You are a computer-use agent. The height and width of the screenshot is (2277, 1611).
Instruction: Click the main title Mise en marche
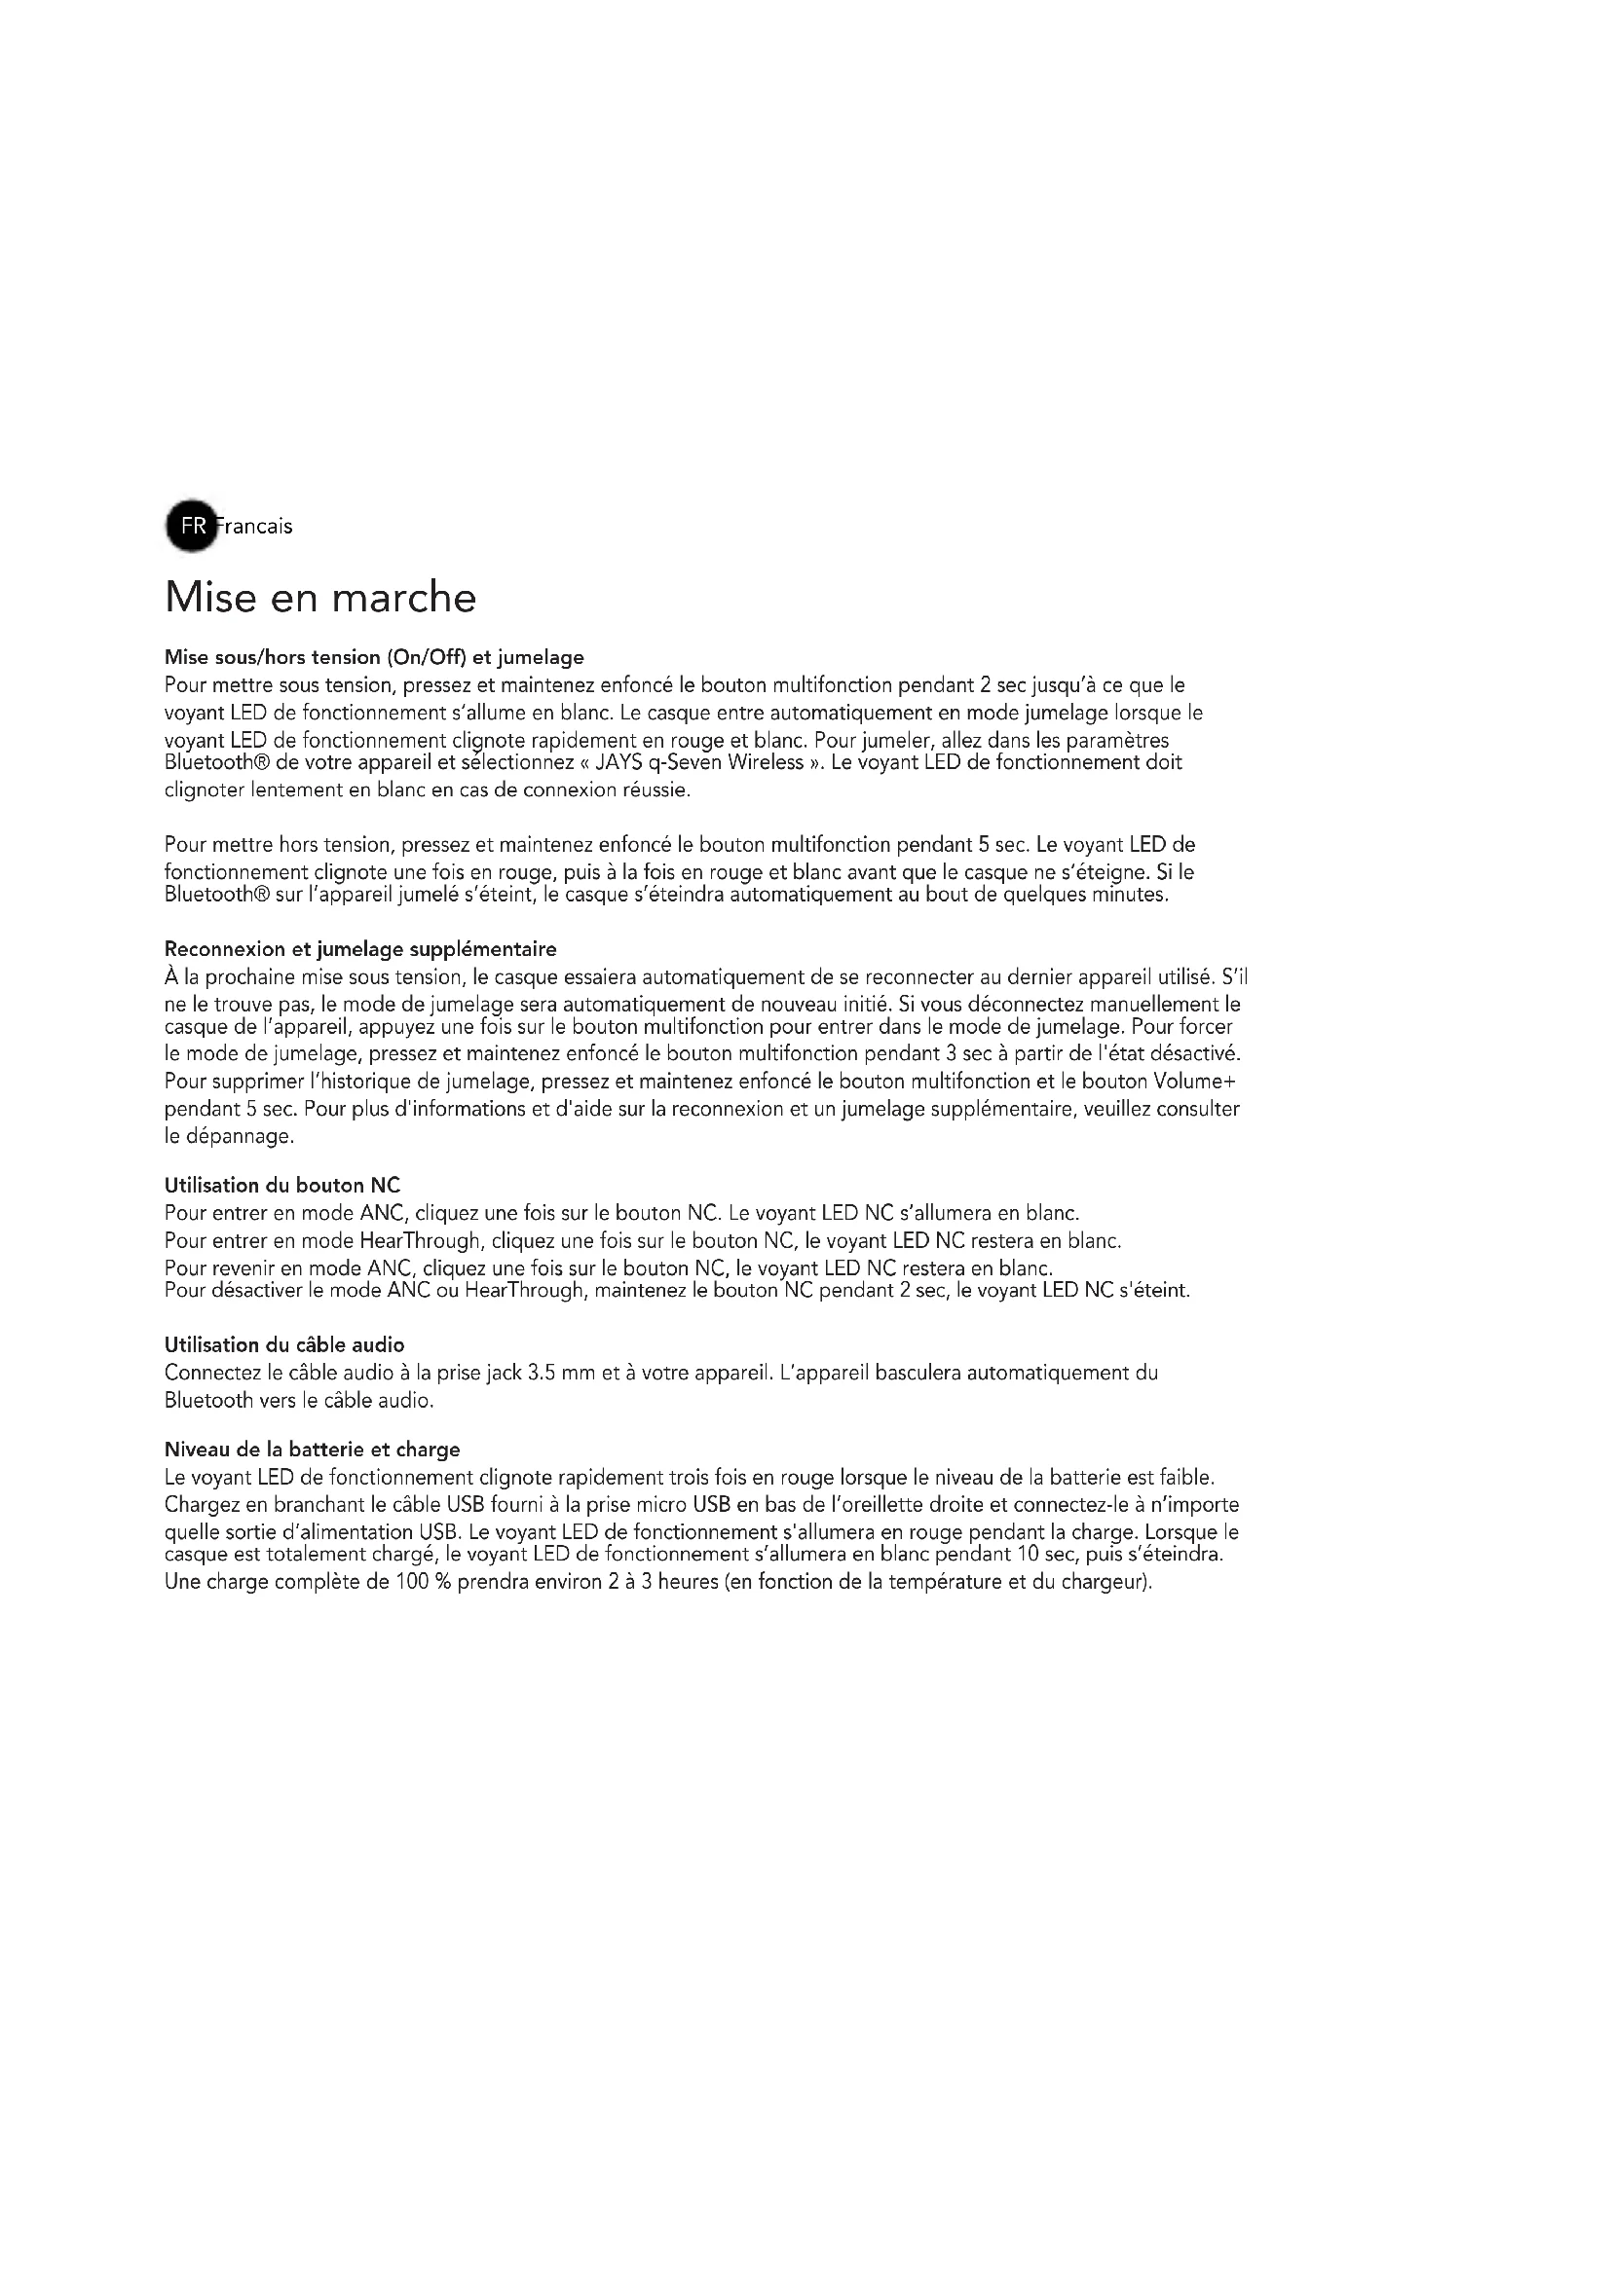tap(319, 597)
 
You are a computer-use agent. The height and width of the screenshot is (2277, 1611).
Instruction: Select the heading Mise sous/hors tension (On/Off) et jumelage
tap(374, 657)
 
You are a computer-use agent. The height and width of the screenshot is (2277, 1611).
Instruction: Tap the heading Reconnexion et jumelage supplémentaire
tap(360, 949)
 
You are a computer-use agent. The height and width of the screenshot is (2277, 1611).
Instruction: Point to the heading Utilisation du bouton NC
tap(281, 1185)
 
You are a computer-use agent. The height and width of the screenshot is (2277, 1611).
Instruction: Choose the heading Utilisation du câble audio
tap(283, 1344)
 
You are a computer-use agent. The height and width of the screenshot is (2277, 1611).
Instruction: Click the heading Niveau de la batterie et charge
tap(312, 1450)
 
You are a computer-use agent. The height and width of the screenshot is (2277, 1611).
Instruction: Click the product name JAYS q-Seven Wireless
tap(698, 762)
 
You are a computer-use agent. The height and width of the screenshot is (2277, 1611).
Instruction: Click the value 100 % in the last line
tap(424, 1582)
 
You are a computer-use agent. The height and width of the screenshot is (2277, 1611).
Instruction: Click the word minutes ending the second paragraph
tap(1128, 895)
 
